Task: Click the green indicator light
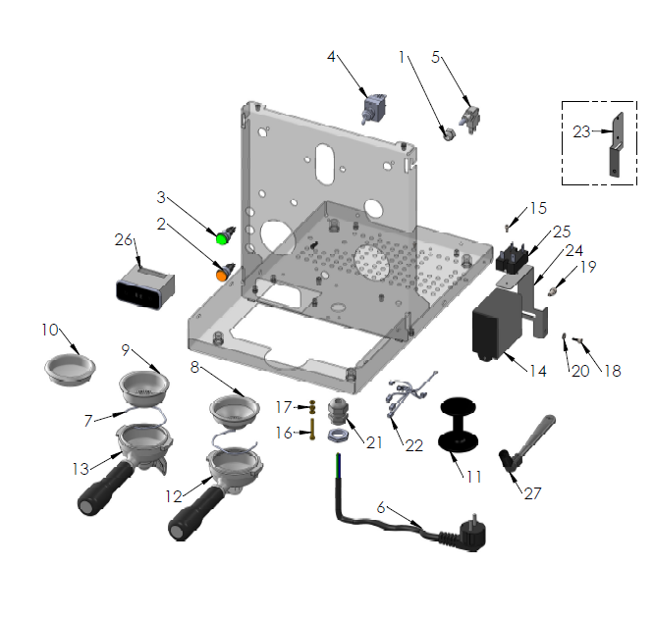click(x=223, y=237)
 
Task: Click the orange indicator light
click(x=222, y=275)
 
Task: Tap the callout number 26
click(x=123, y=240)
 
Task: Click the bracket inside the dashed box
click(x=615, y=143)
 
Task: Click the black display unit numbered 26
click(x=144, y=287)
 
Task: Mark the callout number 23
click(x=581, y=130)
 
